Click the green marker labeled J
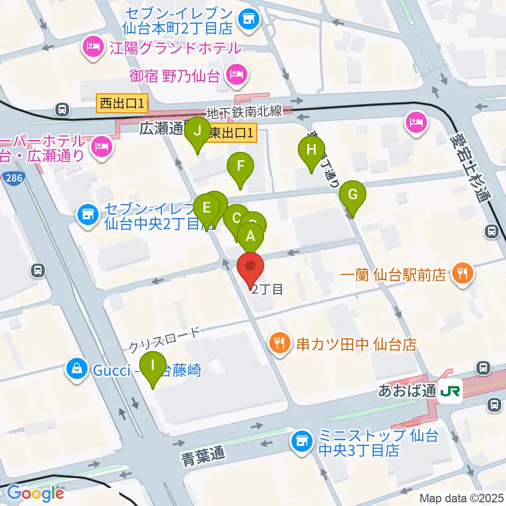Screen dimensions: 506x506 tap(198, 131)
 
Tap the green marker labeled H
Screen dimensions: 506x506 tap(312, 150)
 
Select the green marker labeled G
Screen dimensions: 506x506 tap(353, 194)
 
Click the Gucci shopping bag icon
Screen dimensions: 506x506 tap(77, 369)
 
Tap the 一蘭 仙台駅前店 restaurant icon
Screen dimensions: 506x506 tap(462, 274)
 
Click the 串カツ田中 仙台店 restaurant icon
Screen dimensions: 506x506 tap(280, 344)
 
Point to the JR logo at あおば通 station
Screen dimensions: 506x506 tap(452, 391)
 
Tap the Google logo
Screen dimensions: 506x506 tap(35, 493)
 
